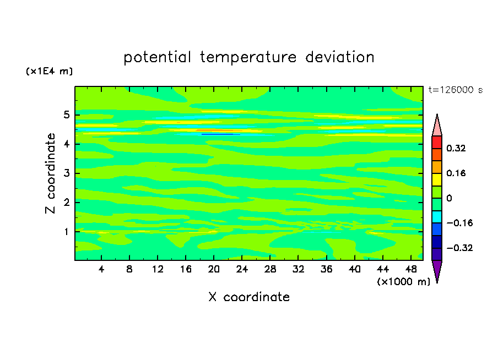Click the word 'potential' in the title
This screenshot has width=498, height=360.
pyautogui.click(x=157, y=57)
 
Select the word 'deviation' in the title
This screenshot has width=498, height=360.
pyautogui.click(x=339, y=57)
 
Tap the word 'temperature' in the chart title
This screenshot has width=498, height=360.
pyautogui.click(x=248, y=58)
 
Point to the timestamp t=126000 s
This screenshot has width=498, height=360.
pyautogui.click(x=456, y=90)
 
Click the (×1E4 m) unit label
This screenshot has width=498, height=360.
pyautogui.click(x=49, y=71)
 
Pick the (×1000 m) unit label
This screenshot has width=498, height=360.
pyautogui.click(x=403, y=282)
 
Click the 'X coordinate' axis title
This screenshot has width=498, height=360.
pyautogui.click(x=249, y=297)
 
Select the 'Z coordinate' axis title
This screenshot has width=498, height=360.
pyautogui.click(x=51, y=173)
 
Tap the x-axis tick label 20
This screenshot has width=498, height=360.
pyautogui.click(x=214, y=269)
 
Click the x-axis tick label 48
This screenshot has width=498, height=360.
pyautogui.click(x=411, y=269)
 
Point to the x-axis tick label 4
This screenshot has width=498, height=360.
pyautogui.click(x=101, y=269)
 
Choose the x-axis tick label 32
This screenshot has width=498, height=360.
pyautogui.click(x=298, y=269)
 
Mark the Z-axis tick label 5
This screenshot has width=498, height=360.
pyautogui.click(x=66, y=114)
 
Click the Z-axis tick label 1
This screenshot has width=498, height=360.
pyautogui.click(x=66, y=232)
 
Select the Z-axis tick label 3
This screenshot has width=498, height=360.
pyautogui.click(x=66, y=173)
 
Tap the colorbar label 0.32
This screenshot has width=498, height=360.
pyautogui.click(x=456, y=148)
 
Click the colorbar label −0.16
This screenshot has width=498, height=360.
pyautogui.click(x=459, y=223)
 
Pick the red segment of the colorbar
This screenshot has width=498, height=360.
pyautogui.click(x=437, y=142)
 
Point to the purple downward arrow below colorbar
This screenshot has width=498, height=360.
pyautogui.click(x=437, y=270)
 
